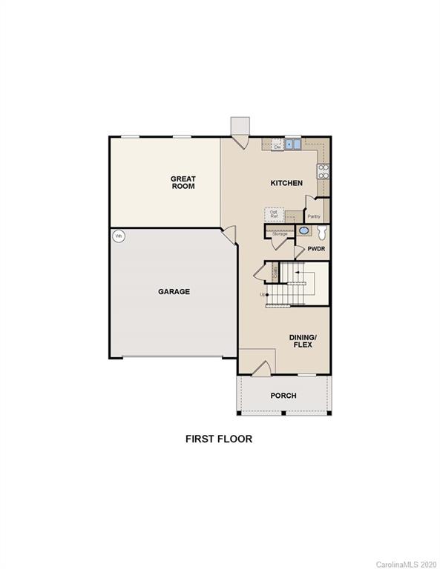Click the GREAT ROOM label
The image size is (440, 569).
coord(183,182)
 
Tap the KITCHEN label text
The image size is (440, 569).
coord(286,182)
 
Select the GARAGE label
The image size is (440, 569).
coord(174,292)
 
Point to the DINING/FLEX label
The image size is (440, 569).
coord(303,341)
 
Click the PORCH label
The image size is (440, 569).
coord(283,396)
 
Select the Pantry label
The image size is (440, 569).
coord(314,217)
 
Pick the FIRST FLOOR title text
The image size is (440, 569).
coord(219,439)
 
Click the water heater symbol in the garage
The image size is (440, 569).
coord(117,236)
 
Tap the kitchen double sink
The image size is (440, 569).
coord(293,144)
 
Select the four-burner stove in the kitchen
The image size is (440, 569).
coord(324,171)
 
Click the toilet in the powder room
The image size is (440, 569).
coord(321,232)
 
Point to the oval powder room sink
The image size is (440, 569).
coord(304,231)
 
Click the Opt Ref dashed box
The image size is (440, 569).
coord(274,213)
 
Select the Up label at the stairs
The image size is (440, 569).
coord(263,295)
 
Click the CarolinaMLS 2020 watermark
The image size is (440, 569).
coord(407,564)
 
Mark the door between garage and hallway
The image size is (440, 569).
coord(231,237)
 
